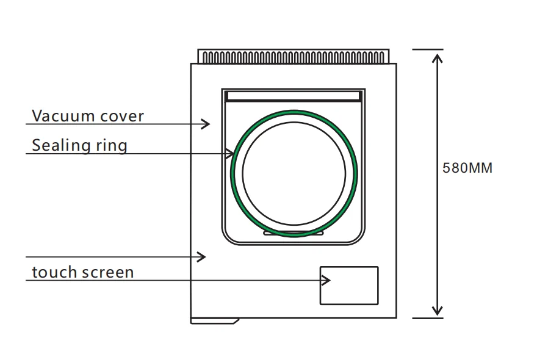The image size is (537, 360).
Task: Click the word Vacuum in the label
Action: [58, 116]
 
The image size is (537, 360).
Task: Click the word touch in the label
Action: [52, 272]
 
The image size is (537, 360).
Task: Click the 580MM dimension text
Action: [467, 168]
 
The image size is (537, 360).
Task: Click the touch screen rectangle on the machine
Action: [349, 285]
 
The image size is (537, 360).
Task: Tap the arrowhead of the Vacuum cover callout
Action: [207, 124]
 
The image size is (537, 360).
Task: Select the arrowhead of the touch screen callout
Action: [326, 280]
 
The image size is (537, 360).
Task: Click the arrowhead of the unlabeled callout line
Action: [203, 257]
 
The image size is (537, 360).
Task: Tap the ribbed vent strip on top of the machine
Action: [294, 57]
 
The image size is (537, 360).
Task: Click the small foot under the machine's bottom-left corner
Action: [214, 320]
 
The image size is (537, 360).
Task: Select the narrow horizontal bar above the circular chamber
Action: [294, 96]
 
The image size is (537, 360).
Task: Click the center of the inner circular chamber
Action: [294, 173]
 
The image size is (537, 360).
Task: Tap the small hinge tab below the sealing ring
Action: [294, 232]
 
